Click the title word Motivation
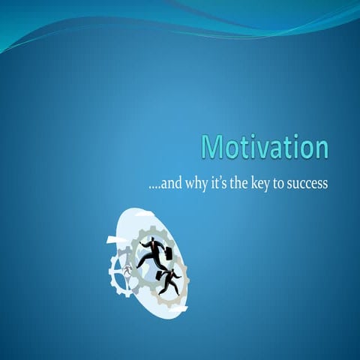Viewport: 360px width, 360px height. click(x=265, y=148)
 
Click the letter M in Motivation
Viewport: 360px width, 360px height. click(x=214, y=148)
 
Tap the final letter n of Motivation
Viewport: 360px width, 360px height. click(x=320, y=148)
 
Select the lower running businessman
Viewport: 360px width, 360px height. click(x=168, y=281)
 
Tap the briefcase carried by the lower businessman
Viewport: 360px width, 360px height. click(x=160, y=275)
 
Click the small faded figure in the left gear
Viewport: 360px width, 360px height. click(x=127, y=271)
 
